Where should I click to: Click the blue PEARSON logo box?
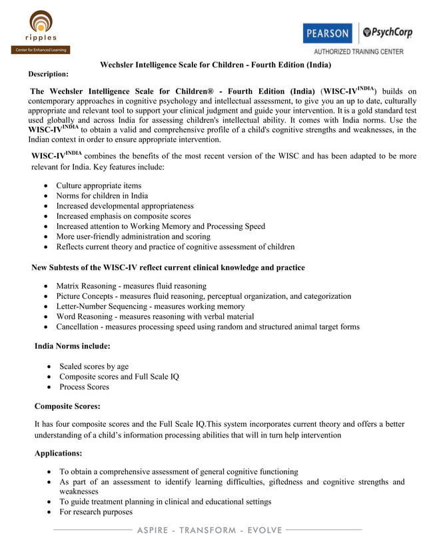(x=326, y=33)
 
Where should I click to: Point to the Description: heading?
(x=48, y=74)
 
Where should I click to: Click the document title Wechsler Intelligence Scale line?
(x=215, y=65)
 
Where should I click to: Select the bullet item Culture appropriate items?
(x=99, y=185)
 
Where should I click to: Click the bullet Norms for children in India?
(x=102, y=196)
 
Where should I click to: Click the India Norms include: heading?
(x=72, y=346)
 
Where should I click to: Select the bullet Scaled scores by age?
(x=94, y=366)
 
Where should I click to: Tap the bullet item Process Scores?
(x=84, y=387)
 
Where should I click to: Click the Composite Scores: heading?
(x=67, y=406)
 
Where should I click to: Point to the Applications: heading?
(x=58, y=453)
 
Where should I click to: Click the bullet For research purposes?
(x=96, y=512)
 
